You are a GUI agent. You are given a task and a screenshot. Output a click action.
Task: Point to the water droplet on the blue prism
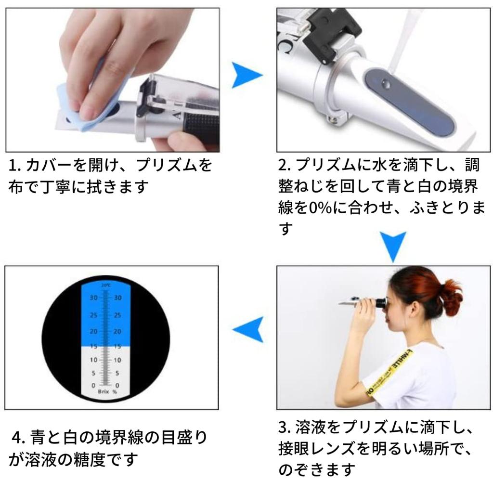point(386,84)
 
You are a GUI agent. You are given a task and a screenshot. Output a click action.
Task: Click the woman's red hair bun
point(451,298)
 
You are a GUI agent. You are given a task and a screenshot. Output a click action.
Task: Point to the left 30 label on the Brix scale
point(94,298)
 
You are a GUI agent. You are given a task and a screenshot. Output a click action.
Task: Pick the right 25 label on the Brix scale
point(117,315)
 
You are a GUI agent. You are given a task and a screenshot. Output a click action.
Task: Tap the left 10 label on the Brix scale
point(93,360)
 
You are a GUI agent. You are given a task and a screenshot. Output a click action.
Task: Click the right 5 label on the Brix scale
point(117,373)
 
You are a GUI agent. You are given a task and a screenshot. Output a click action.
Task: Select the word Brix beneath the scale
point(104,391)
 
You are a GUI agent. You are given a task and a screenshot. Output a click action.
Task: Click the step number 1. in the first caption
point(14,166)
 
